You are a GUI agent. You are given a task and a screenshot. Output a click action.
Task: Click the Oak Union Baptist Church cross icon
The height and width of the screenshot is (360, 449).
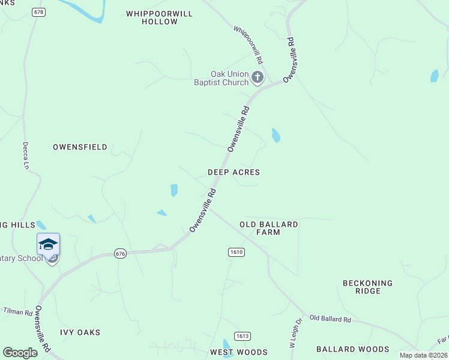tap(258, 77)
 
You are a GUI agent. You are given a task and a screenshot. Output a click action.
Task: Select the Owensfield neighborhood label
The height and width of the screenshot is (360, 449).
tap(80, 147)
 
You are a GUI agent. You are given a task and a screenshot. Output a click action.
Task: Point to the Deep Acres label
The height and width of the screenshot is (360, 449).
tap(234, 172)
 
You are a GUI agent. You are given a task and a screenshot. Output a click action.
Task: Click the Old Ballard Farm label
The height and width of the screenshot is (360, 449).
tap(268, 228)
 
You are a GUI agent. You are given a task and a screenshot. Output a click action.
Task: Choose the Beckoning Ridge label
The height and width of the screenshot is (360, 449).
tap(367, 287)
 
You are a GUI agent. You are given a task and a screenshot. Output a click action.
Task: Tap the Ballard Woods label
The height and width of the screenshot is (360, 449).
tap(352, 349)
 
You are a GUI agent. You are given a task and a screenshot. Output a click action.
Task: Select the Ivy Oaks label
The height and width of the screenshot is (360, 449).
tap(80, 332)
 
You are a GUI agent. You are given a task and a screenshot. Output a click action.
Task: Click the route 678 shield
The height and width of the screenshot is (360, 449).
tap(40, 12)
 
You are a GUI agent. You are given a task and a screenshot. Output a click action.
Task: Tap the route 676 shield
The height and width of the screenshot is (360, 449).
tap(121, 254)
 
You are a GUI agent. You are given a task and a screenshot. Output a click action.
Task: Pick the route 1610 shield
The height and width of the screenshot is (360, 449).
tap(236, 252)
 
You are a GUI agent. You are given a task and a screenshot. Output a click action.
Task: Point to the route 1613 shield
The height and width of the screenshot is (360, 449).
tap(243, 336)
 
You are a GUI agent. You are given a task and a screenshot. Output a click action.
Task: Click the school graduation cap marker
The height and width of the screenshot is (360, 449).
tap(48, 244)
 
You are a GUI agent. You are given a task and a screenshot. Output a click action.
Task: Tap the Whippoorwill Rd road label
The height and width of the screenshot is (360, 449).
tap(248, 44)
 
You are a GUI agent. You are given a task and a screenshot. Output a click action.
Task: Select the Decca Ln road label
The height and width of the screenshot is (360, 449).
tap(26, 155)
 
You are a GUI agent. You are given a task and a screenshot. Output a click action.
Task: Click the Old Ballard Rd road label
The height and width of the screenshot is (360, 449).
tap(330, 319)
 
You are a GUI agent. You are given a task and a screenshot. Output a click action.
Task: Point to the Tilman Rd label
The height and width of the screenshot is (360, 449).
tap(17, 311)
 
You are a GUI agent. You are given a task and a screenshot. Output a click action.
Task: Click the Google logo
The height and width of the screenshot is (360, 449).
tap(20, 353)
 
